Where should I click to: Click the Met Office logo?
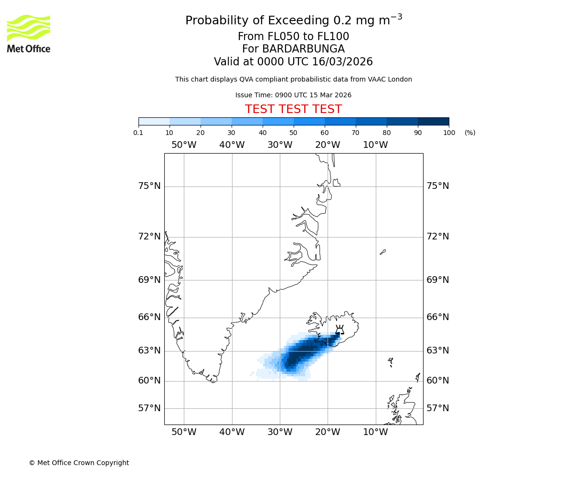(x=29, y=33)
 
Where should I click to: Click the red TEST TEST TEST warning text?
(x=293, y=109)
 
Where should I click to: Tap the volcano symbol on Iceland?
(x=340, y=330)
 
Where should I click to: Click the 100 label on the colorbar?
(x=449, y=133)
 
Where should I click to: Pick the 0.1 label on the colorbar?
(x=138, y=133)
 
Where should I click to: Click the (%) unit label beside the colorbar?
(x=470, y=133)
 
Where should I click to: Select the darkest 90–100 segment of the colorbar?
(x=433, y=121)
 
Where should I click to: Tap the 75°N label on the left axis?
(x=149, y=186)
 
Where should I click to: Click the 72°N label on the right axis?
(x=438, y=237)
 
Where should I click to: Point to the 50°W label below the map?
(x=184, y=432)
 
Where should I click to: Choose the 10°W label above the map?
(x=375, y=145)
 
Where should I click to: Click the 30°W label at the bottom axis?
(x=280, y=432)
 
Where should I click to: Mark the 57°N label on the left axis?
(x=149, y=408)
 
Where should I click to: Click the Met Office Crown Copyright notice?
(x=79, y=463)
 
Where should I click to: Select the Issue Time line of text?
(x=293, y=95)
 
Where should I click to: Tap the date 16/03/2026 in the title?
(x=342, y=62)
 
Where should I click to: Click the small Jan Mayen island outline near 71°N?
(x=383, y=252)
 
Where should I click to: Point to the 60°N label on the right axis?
(x=438, y=381)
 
